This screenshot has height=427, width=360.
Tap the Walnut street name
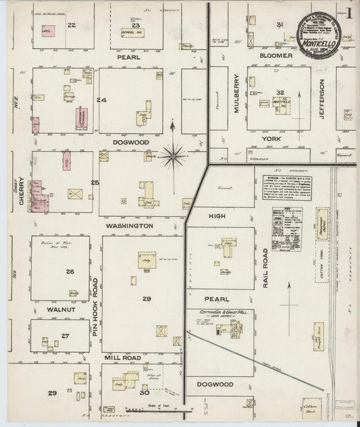click(59, 310)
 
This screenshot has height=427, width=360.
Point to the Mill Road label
click(122, 355)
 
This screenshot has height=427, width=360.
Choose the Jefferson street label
click(322, 99)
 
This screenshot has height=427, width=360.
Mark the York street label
click(271, 138)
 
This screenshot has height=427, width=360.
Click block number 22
click(71, 25)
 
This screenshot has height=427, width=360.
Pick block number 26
click(70, 272)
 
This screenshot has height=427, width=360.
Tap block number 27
click(65, 335)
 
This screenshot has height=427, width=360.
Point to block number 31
click(279, 24)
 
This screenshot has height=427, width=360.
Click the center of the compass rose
click(174, 156)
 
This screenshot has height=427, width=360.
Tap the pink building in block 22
click(48, 31)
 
